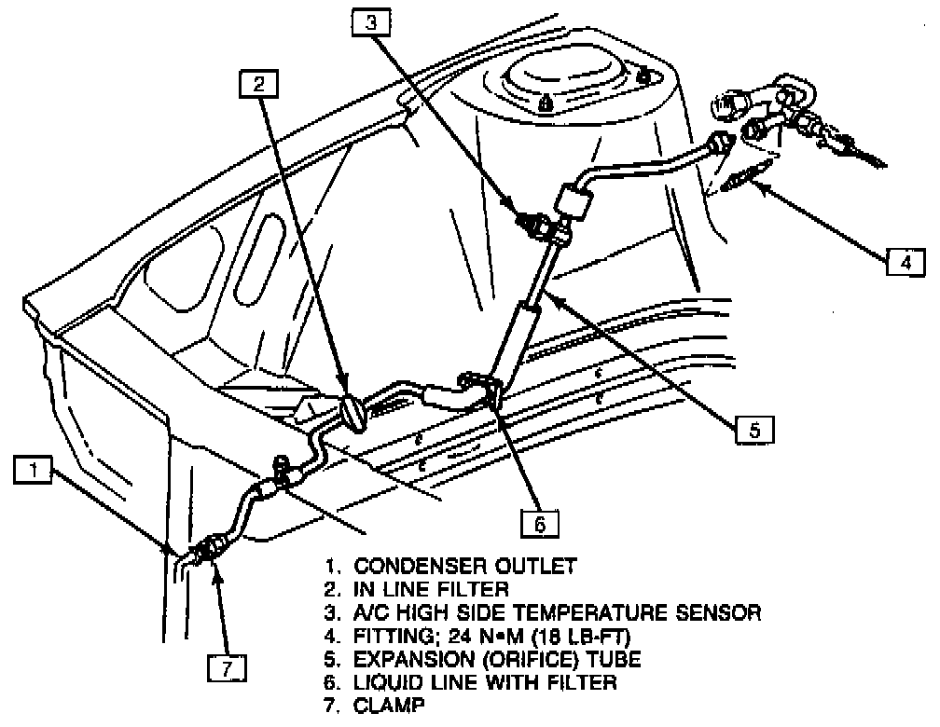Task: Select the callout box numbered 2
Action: (x=259, y=85)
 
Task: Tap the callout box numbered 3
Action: (x=371, y=21)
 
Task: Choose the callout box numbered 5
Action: (x=755, y=429)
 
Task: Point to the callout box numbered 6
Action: (x=539, y=525)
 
